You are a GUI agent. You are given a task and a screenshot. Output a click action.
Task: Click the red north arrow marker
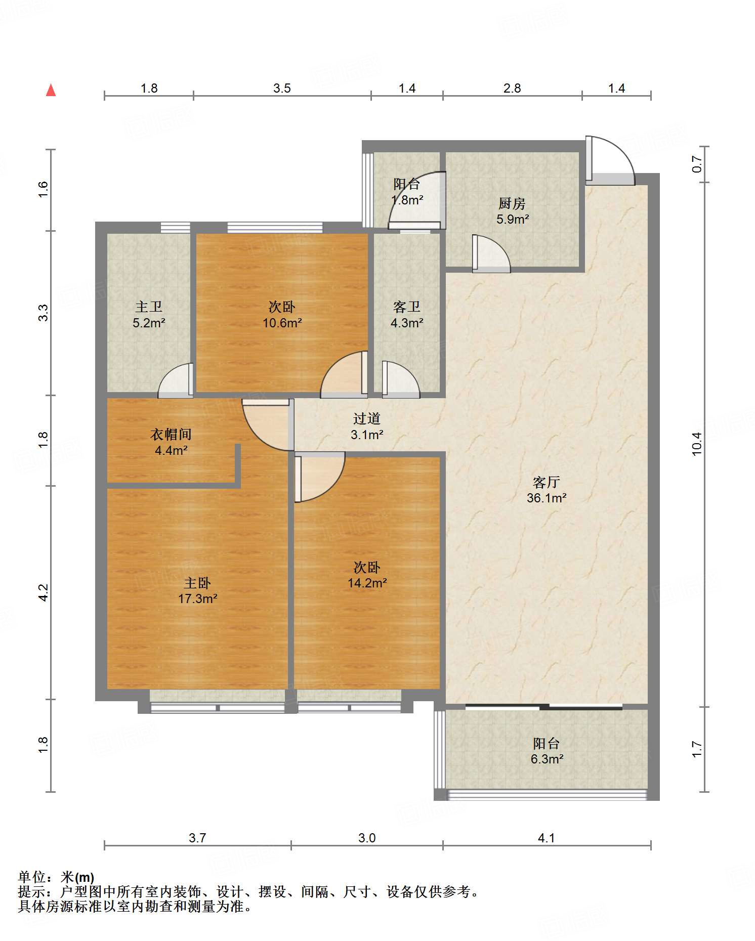(51, 90)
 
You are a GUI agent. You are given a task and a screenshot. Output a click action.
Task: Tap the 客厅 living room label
(546, 482)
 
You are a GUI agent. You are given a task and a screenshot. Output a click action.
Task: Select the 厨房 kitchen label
(512, 203)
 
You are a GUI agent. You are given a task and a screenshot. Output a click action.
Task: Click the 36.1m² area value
(547, 498)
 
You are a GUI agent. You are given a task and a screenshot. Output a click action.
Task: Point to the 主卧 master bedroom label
(197, 583)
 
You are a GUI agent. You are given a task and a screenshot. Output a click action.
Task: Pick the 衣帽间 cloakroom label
(171, 434)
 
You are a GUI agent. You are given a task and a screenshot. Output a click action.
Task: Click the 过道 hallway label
(366, 418)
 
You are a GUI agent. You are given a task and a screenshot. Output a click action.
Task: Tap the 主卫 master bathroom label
(149, 307)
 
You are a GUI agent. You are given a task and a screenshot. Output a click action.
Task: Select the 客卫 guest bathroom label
(407, 307)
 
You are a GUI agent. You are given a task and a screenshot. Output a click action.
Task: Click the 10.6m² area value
(282, 323)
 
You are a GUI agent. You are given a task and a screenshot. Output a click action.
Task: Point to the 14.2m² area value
(367, 583)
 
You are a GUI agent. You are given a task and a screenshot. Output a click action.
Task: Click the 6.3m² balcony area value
(547, 759)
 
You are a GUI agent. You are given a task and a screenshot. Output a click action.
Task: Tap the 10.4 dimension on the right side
(697, 444)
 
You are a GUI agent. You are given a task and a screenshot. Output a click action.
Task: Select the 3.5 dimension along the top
(282, 89)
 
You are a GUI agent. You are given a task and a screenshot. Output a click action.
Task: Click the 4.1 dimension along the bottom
(547, 838)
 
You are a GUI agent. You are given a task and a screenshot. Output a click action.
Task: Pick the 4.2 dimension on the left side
(44, 592)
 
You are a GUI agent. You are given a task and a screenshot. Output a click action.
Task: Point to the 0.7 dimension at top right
(697, 164)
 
